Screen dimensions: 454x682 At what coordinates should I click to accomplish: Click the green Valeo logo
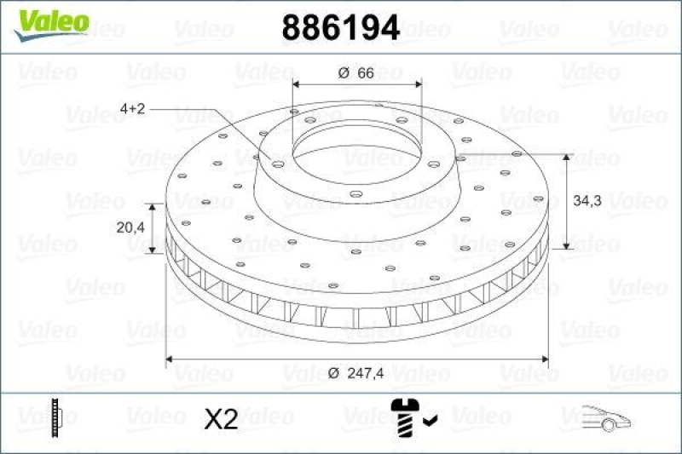point(50,20)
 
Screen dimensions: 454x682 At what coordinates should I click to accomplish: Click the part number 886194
point(340,29)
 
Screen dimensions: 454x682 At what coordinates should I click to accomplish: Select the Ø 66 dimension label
point(356,74)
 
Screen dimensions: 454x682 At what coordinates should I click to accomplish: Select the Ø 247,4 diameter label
point(356,372)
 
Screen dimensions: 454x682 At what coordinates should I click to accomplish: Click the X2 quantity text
point(222,418)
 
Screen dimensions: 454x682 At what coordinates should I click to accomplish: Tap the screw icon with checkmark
point(407,417)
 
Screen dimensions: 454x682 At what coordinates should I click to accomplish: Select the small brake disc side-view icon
point(57,417)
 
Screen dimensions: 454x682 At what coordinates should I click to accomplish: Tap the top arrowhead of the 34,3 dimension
point(567,158)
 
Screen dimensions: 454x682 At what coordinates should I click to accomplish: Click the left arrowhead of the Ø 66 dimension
point(298,84)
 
